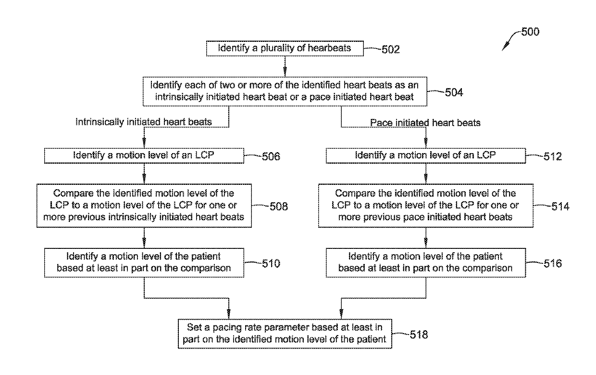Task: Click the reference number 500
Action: [x=530, y=32]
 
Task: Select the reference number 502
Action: [x=391, y=50]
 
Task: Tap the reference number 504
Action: [x=454, y=92]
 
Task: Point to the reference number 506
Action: [x=271, y=156]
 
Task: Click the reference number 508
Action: [x=279, y=207]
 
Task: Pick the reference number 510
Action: [x=271, y=264]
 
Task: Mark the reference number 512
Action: [x=553, y=156]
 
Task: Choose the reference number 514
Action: [x=560, y=207]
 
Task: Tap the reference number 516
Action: [x=553, y=264]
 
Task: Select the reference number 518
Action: [x=419, y=335]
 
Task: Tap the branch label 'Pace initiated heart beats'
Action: [x=425, y=123]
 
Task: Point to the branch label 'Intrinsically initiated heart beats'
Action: [x=144, y=122]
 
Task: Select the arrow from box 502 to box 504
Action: [x=285, y=66]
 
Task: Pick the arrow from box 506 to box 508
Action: [x=144, y=173]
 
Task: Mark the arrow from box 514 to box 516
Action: [x=426, y=238]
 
